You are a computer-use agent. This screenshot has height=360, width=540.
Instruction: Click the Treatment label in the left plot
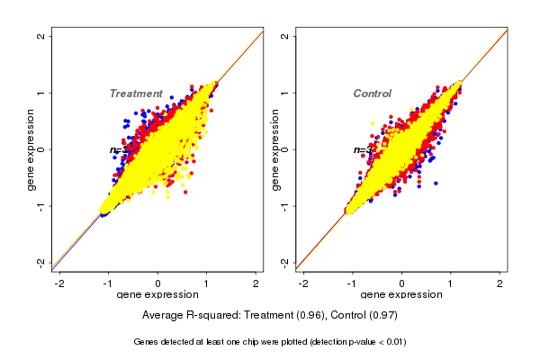136,94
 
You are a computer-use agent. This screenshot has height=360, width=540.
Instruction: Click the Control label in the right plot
372,94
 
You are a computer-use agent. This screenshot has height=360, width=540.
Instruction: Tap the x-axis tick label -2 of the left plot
59,283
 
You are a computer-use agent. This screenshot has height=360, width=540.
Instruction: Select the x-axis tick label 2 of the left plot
256,283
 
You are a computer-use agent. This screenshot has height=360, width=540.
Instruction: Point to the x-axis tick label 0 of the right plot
402,283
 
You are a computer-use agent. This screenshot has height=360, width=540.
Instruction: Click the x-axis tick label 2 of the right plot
500,283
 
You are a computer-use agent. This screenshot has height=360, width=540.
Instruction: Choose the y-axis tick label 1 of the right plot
285,93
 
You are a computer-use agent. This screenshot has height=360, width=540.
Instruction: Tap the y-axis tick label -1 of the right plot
285,205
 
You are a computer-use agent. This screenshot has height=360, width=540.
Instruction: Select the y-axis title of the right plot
274,149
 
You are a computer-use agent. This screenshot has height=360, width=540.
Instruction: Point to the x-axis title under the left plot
157,295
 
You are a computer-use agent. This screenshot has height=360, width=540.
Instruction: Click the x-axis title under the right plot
401,295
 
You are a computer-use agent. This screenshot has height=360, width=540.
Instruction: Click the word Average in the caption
164,316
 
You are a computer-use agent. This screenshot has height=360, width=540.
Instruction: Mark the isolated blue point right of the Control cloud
436,183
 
